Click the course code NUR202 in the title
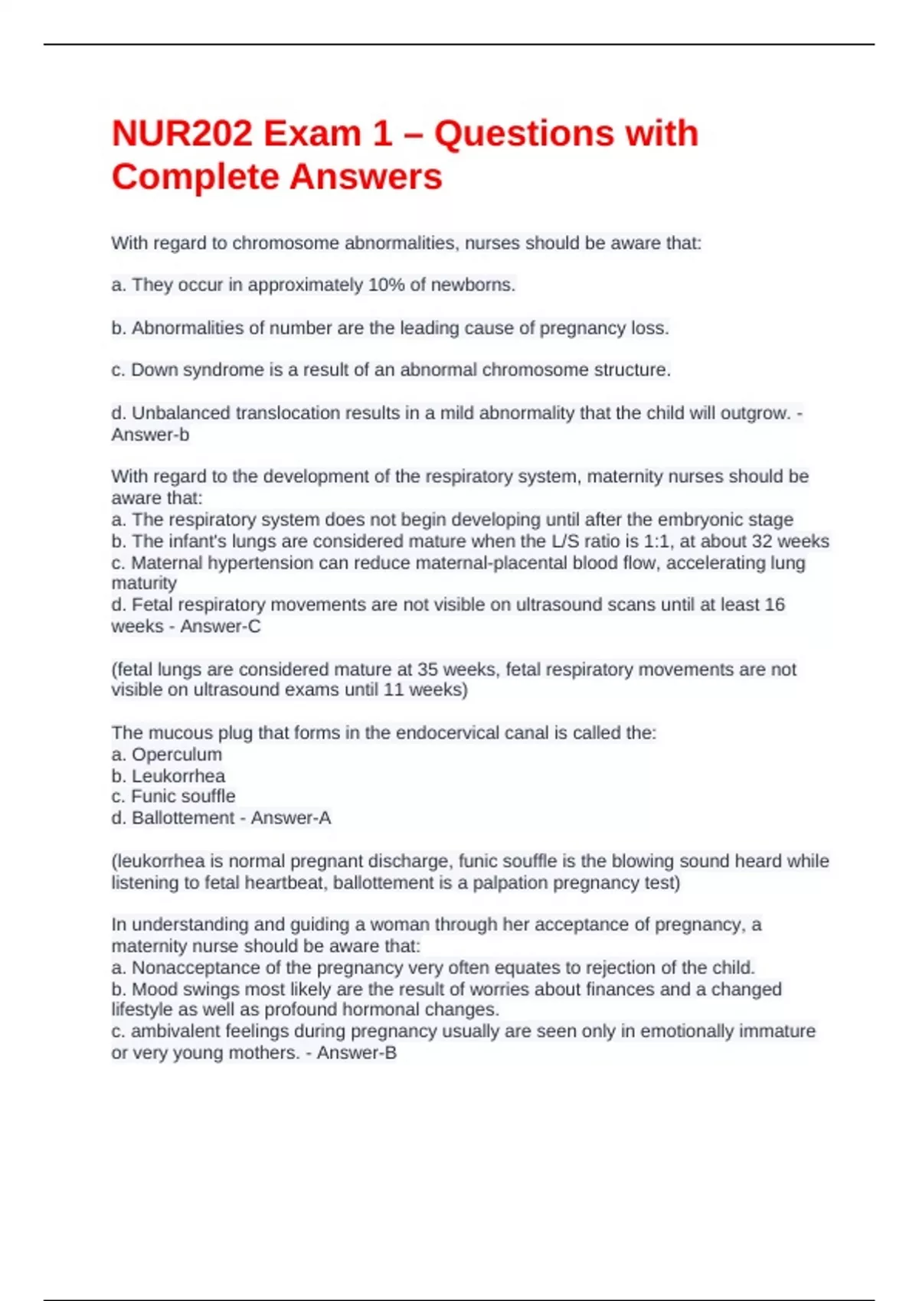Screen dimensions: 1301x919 pos(182,134)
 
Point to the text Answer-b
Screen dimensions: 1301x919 pos(150,435)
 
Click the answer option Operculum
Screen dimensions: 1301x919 pos(177,755)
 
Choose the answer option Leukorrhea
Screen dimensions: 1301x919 pos(178,776)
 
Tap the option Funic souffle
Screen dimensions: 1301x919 pos(183,797)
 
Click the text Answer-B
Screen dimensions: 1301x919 pos(357,1053)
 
